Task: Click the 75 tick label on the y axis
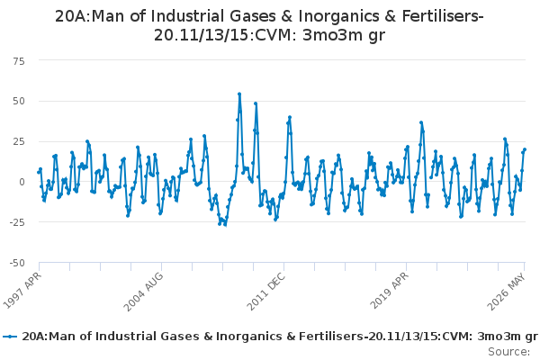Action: [19, 62]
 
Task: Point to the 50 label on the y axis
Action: [19, 102]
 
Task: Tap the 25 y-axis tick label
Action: [19, 141]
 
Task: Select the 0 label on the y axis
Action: [22, 182]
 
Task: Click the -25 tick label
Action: [18, 222]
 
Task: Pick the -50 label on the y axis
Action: [18, 263]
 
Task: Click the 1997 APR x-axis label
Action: [22, 290]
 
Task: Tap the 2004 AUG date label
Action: [143, 292]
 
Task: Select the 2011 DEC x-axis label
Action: [265, 291]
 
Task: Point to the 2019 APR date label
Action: [389, 291]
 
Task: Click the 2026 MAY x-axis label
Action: [506, 292]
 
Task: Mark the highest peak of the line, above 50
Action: [239, 94]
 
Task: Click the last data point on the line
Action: [525, 149]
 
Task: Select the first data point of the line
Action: [39, 172]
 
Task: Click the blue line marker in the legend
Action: [10, 337]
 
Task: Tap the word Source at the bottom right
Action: [508, 352]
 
